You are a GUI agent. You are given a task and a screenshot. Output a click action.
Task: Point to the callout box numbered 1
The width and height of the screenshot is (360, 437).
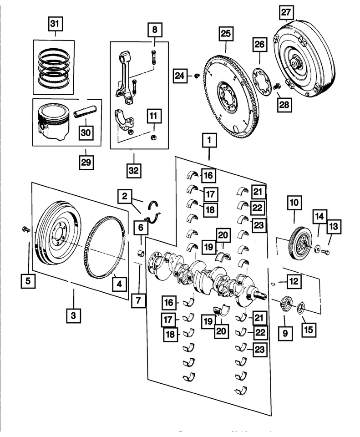point(209,142)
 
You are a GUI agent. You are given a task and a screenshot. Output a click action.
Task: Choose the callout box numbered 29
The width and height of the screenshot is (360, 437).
point(86,161)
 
